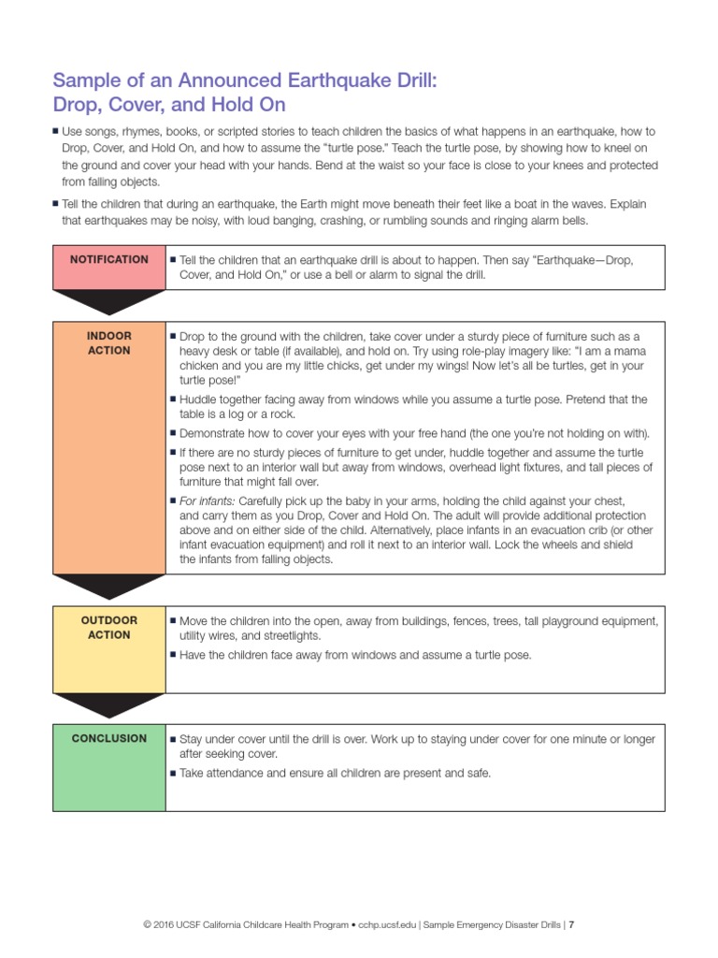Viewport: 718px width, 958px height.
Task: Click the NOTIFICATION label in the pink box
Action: [108, 259]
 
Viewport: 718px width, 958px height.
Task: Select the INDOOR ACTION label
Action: [108, 343]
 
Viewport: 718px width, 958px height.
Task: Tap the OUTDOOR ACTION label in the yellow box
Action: [108, 628]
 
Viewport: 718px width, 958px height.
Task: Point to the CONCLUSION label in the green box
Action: [108, 738]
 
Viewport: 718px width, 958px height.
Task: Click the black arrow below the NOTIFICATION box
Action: [108, 300]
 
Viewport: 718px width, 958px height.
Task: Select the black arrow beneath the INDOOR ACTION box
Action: [108, 585]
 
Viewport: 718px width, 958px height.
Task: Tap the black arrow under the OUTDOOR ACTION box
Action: [108, 704]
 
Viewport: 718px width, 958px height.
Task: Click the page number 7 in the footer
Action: [571, 925]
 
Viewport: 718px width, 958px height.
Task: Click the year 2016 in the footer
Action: [164, 925]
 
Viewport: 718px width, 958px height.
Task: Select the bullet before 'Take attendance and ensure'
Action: [173, 774]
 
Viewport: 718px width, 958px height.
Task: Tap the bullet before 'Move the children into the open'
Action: [173, 620]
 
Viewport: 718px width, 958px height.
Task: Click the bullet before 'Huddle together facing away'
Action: [173, 399]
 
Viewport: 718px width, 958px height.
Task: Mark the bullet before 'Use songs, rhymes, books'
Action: [56, 132]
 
